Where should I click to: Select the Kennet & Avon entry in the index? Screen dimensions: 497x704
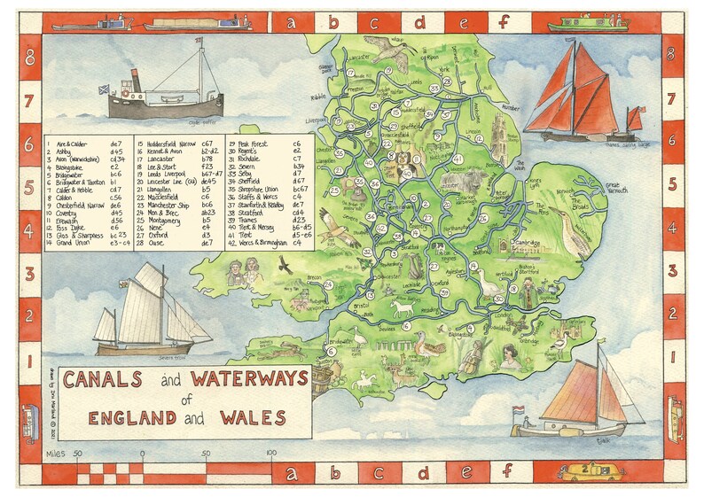[164, 151]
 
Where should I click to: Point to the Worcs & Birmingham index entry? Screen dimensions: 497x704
[261, 242]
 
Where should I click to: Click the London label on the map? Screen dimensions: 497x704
[505, 315]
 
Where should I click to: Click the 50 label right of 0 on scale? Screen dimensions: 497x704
[206, 454]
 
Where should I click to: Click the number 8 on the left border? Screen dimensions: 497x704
[30, 60]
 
